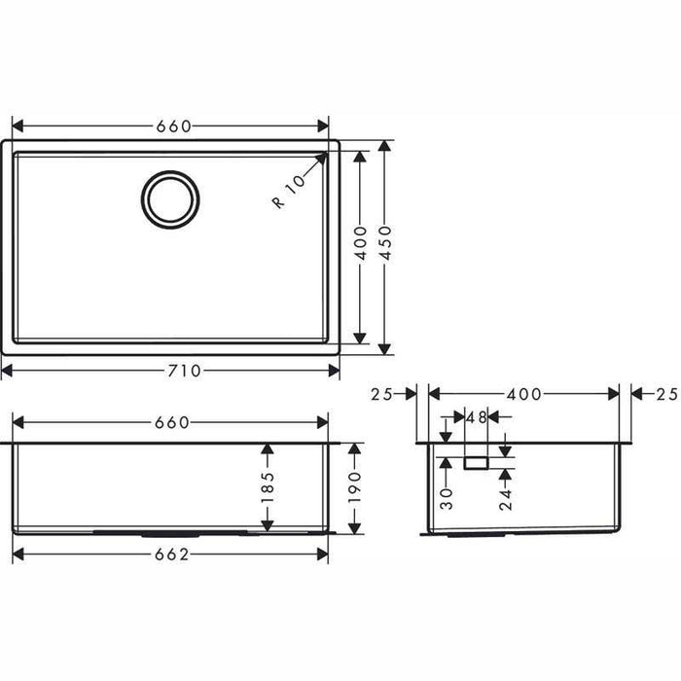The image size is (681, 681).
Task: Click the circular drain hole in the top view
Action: pos(170,200)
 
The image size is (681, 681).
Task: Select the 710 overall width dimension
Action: pos(170,371)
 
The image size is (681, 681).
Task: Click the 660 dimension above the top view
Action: pos(170,125)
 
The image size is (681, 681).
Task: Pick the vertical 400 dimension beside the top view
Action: pos(361,246)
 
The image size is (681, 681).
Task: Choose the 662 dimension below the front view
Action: pos(170,554)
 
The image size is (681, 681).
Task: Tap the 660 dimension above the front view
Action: pos(170,422)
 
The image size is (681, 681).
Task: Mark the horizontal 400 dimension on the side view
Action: pos(523,393)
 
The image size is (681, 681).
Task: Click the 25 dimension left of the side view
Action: pos(381,393)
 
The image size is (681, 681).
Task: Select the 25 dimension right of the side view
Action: pos(665,393)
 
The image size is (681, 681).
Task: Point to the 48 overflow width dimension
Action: pos(476,417)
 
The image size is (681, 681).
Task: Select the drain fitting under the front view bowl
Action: pos(170,533)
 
